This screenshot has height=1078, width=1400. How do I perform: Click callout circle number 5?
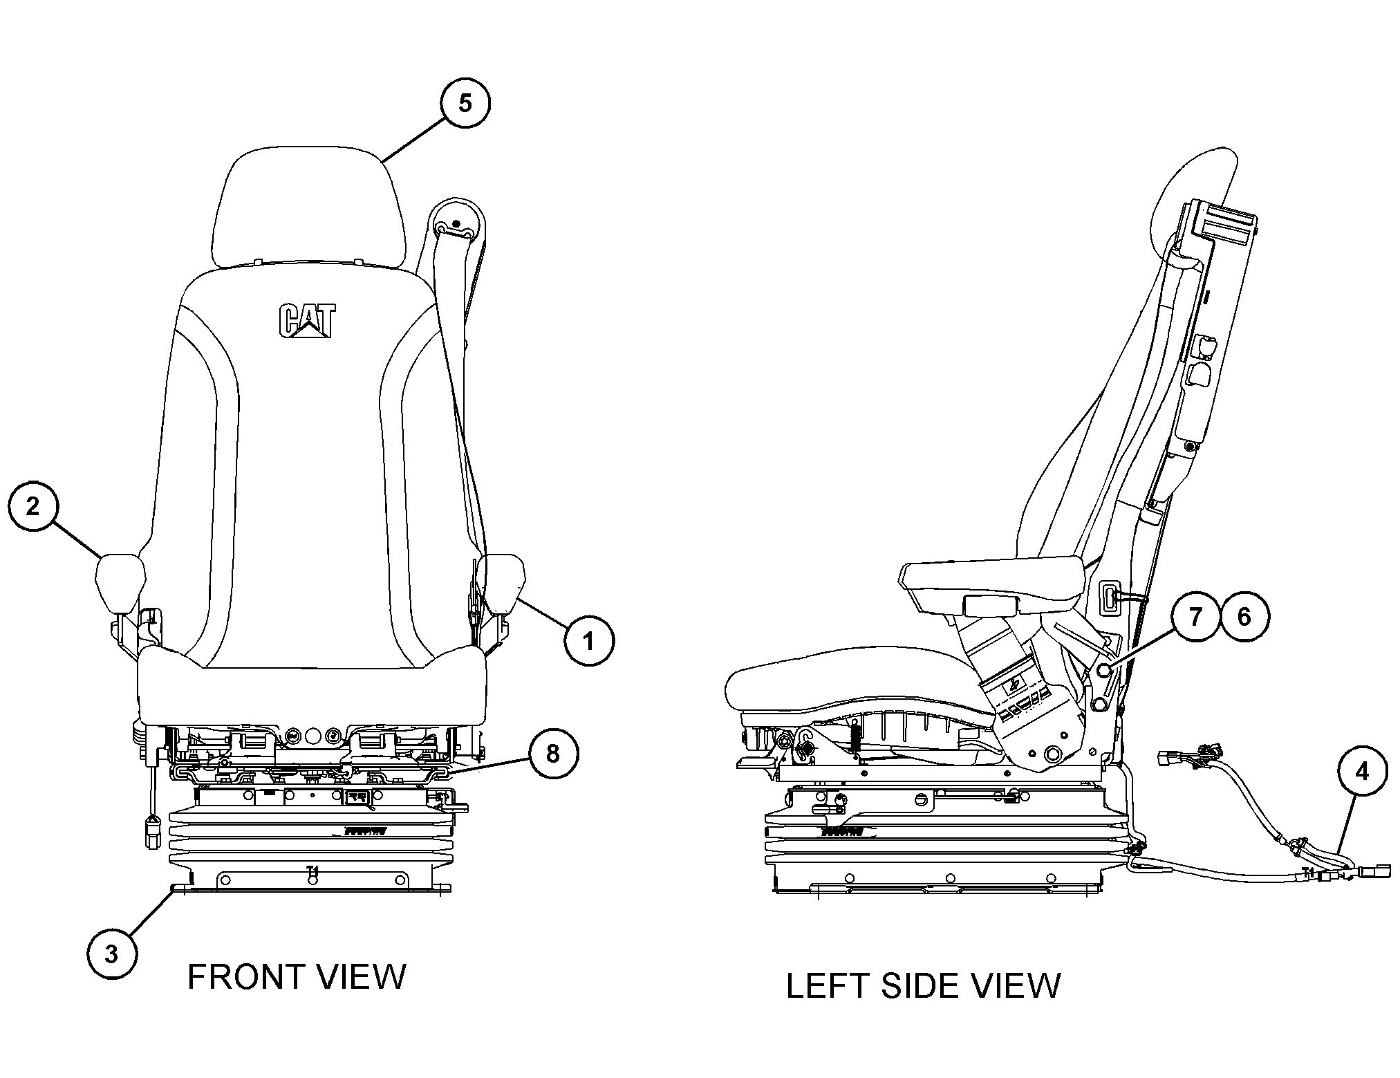(x=465, y=103)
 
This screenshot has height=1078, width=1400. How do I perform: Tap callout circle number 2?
(x=33, y=507)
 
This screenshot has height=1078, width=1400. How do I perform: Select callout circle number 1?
(x=588, y=642)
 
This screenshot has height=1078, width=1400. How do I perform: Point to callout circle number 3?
(x=111, y=954)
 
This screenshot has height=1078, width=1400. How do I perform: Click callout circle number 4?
(x=1361, y=771)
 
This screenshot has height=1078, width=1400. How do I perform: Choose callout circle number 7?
(x=1195, y=617)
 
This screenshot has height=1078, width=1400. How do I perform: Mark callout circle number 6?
(x=1244, y=617)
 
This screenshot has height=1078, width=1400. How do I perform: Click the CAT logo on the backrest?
(x=307, y=322)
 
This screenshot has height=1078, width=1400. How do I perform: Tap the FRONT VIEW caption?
(x=297, y=977)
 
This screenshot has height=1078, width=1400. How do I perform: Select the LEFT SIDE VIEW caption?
(x=923, y=985)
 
